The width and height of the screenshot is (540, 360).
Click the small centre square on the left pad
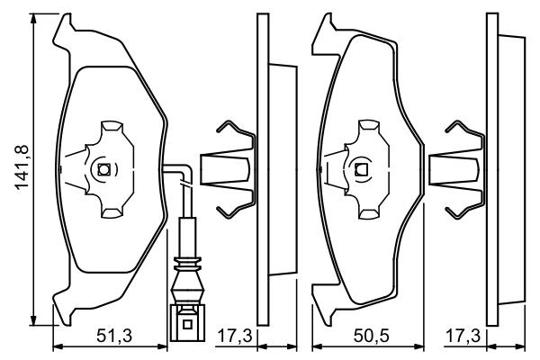tap(103, 169)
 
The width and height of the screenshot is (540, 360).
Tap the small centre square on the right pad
tap(363, 169)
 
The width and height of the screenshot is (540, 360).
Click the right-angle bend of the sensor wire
tap(185, 170)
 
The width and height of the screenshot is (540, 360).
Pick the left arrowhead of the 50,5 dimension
tap(316, 345)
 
